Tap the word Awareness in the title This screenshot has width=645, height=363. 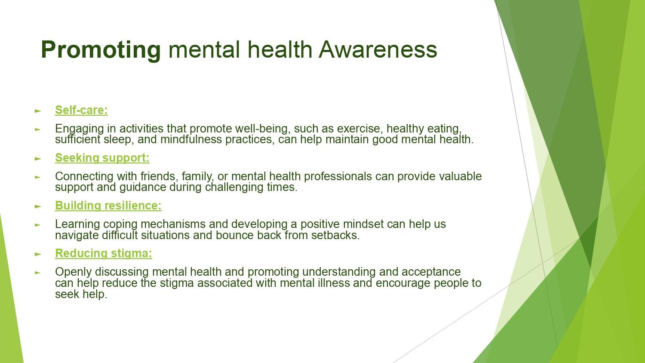(x=378, y=49)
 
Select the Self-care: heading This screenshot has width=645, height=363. (x=81, y=110)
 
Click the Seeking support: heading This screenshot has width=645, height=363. (x=102, y=158)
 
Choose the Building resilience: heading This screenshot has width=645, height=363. (x=108, y=206)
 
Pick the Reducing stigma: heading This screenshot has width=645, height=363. (x=103, y=253)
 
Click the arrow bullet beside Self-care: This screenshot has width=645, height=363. (x=38, y=111)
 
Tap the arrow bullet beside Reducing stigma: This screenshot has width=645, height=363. (x=38, y=254)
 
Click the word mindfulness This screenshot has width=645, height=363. (x=191, y=140)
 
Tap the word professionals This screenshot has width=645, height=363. (x=338, y=177)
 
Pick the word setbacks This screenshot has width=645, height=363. (x=335, y=235)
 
